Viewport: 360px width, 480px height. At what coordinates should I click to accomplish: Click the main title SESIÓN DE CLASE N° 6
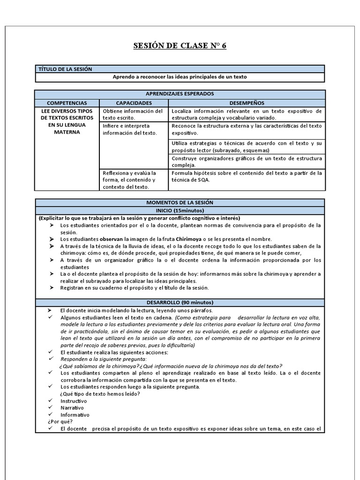point(180,46)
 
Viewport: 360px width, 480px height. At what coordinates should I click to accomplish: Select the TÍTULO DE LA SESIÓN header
point(65,69)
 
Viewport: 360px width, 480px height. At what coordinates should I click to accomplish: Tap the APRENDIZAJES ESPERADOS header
point(180,94)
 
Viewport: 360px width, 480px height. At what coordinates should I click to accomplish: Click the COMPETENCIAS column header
point(67,103)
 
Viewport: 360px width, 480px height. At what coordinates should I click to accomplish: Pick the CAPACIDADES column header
point(134,103)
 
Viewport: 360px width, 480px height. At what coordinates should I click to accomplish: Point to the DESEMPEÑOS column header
point(247,103)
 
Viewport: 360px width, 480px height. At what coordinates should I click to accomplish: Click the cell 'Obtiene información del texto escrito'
point(133,114)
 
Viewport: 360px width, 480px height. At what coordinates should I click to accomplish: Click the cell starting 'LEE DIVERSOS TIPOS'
point(67,121)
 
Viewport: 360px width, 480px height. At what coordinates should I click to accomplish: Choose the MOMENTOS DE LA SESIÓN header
point(180,202)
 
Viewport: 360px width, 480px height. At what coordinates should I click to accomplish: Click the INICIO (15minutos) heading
point(180,210)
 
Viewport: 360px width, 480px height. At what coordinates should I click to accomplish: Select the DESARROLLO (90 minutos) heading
point(180,303)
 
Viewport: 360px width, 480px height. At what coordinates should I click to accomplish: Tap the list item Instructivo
point(74,401)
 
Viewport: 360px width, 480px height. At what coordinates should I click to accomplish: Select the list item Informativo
point(75,415)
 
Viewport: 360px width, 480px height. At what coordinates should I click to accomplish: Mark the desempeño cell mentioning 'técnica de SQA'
point(247,176)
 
